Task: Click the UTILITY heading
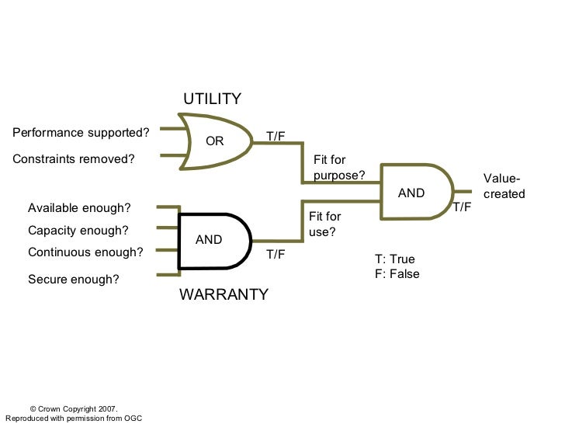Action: [212, 99]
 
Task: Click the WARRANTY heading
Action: [224, 294]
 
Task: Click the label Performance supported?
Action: [81, 131]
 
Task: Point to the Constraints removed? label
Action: [74, 159]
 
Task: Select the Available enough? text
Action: [79, 208]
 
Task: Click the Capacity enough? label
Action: [78, 231]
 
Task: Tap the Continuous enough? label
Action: [85, 252]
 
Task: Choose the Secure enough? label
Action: [74, 279]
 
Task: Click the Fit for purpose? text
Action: [339, 168]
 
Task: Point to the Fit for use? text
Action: [324, 224]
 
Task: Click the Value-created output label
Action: [504, 186]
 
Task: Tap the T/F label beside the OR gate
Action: [276, 136]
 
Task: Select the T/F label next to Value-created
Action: [463, 207]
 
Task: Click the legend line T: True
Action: [395, 259]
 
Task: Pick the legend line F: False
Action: [397, 274]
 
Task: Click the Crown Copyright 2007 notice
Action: [73, 408]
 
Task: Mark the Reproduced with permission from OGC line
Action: [74, 419]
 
